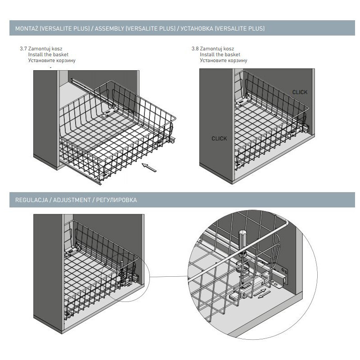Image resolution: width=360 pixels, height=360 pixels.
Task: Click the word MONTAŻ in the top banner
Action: (x=27, y=28)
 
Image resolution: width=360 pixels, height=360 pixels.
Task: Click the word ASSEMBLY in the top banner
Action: (x=109, y=28)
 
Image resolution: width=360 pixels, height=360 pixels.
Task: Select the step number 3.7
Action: (x=23, y=49)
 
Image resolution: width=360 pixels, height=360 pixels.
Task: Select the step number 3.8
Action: (x=195, y=49)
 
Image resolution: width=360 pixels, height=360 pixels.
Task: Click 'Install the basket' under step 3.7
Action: (x=48, y=54)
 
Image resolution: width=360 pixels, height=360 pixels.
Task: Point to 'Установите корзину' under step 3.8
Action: (x=223, y=60)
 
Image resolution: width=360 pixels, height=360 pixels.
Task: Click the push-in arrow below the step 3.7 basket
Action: (x=149, y=167)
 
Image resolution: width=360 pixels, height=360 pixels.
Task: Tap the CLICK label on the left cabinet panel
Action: (x=219, y=139)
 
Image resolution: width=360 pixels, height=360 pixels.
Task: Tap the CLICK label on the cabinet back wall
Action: (x=300, y=92)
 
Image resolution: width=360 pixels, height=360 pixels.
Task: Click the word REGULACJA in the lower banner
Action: (x=31, y=200)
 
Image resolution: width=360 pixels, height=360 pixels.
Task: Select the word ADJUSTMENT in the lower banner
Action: (x=72, y=200)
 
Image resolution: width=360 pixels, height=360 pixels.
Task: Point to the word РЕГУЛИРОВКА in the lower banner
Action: (x=117, y=200)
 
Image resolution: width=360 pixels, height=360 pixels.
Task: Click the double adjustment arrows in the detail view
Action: (x=262, y=294)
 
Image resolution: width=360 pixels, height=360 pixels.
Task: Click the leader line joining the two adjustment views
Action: (x=168, y=276)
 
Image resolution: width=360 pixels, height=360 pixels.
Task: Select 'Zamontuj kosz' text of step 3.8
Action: (x=217, y=49)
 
